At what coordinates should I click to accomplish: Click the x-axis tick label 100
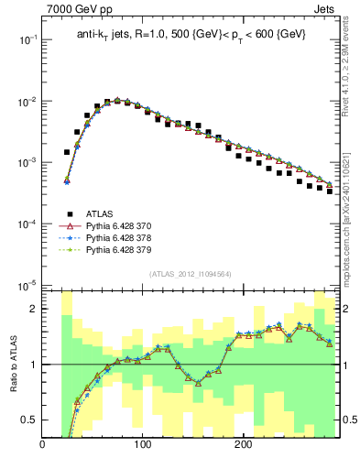point(143,446)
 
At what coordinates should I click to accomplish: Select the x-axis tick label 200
point(243,446)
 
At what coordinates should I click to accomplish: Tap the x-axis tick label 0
point(43,446)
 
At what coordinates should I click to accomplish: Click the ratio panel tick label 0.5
point(28,420)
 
